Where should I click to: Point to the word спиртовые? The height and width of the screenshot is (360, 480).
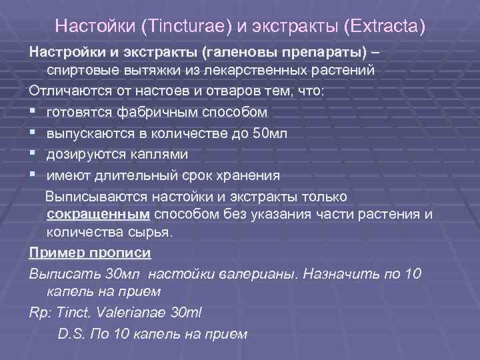pyautogui.click(x=82, y=70)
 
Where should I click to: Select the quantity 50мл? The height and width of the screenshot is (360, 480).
pyautogui.click(x=271, y=133)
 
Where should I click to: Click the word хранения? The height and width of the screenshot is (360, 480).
pyautogui.click(x=245, y=175)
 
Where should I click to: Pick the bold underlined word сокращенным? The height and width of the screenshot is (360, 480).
pyautogui.click(x=99, y=214)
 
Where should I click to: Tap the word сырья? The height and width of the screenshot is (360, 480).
pyautogui.click(x=155, y=233)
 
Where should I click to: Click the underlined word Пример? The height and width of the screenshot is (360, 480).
pyautogui.click(x=56, y=254)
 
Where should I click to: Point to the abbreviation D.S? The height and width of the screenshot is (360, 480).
pyautogui.click(x=73, y=334)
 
